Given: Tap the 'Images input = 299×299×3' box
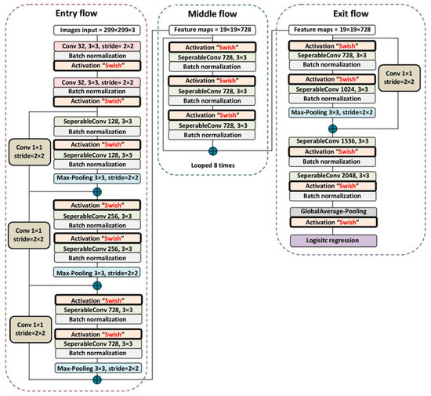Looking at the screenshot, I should [x=98, y=31].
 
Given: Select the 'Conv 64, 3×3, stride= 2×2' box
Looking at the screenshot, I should [x=98, y=82].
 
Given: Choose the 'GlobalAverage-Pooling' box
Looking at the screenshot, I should [x=333, y=211].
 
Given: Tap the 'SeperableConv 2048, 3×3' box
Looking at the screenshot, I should [x=333, y=176].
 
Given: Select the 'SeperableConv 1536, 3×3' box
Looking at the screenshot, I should [x=333, y=140].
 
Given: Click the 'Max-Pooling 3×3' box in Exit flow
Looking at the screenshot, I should [x=333, y=114].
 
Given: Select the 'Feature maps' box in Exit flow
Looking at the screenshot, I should [x=333, y=31].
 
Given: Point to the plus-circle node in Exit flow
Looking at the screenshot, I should [x=333, y=127].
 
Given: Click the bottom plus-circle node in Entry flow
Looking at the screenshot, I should [x=98, y=380].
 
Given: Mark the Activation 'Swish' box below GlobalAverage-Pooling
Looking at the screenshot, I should [x=333, y=223].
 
